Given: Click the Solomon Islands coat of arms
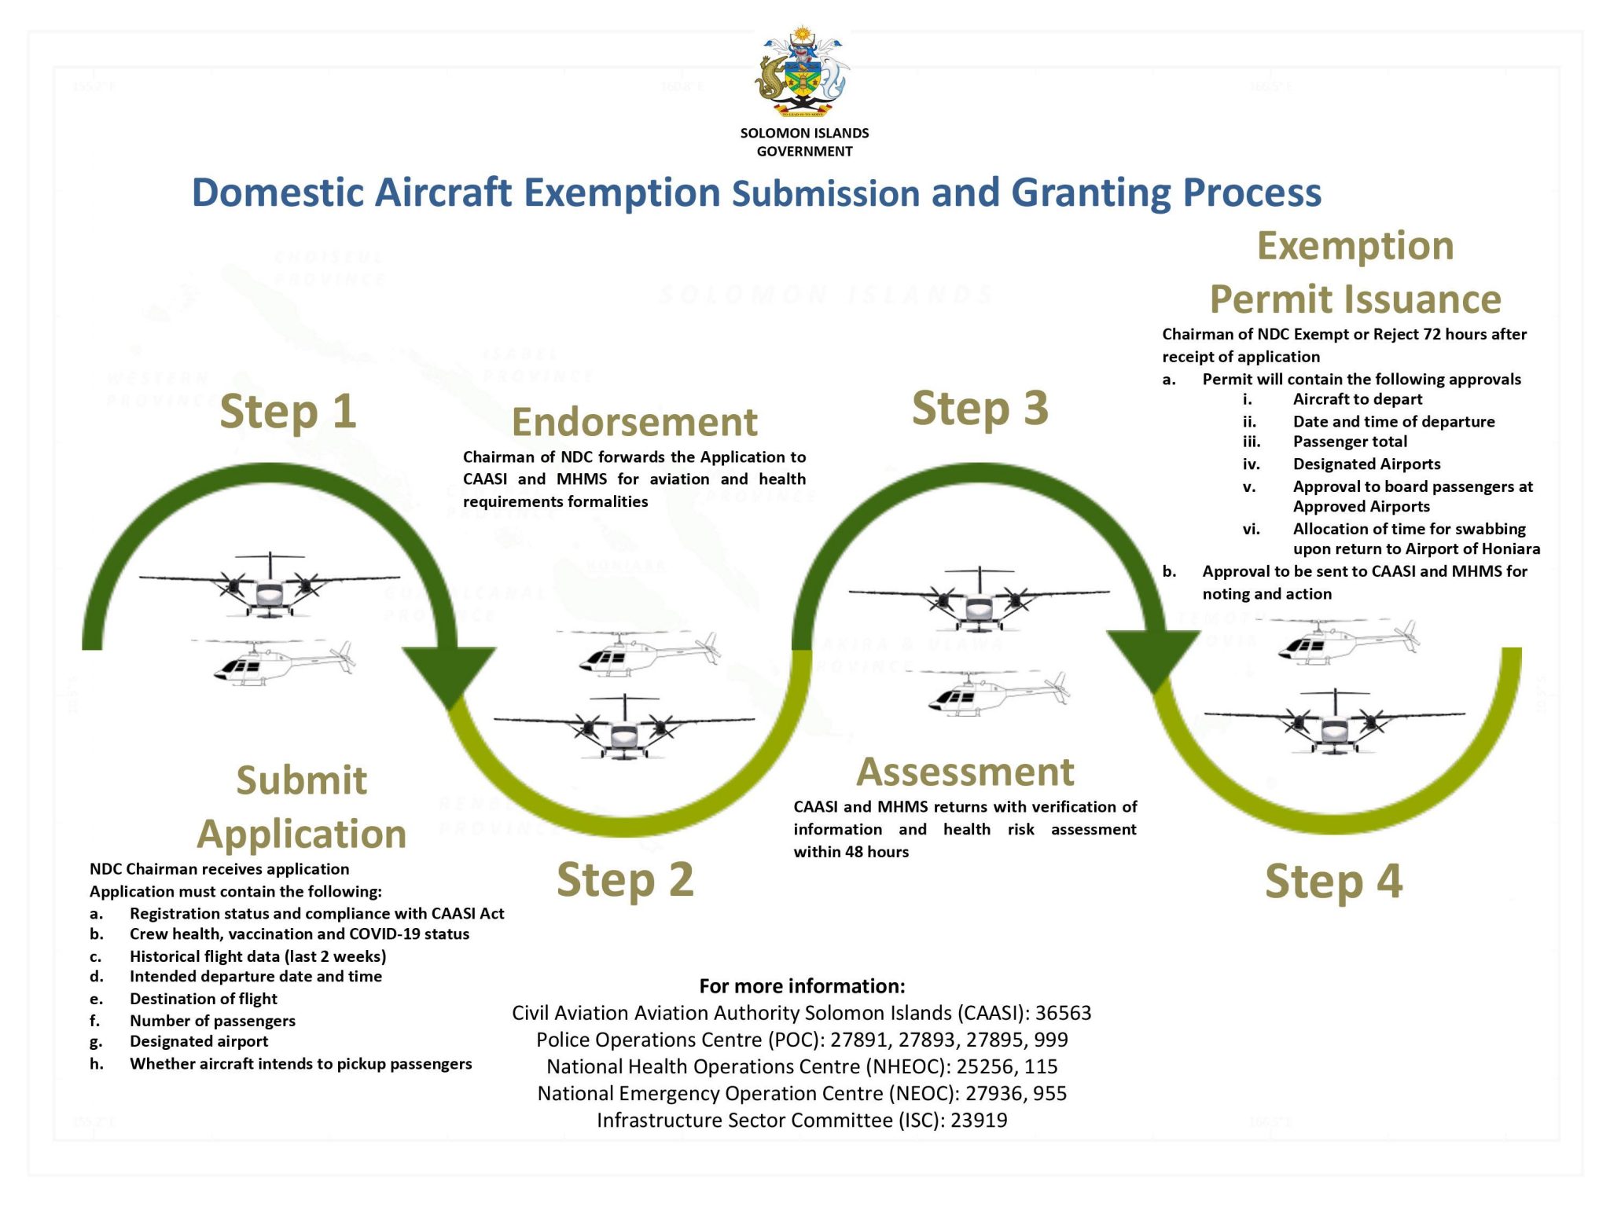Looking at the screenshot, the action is (x=803, y=73).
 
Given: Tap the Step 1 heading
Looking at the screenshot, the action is (x=288, y=412).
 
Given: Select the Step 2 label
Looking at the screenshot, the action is (x=625, y=879).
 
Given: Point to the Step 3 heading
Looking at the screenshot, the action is (x=980, y=409).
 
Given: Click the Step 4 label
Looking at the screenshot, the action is (x=1333, y=882).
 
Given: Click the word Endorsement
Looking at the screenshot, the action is (x=634, y=422).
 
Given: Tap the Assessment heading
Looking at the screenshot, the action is (x=965, y=772).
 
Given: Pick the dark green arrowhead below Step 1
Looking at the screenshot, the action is (x=449, y=676).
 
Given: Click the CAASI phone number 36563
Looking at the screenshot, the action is (x=1063, y=1013).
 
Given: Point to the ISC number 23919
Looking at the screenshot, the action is (x=979, y=1120).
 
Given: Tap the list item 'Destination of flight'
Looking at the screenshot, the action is (x=204, y=999).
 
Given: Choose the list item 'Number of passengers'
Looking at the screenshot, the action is (x=212, y=1021).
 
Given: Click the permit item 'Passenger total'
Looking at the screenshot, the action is (x=1350, y=442).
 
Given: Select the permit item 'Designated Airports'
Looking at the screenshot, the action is (x=1366, y=464).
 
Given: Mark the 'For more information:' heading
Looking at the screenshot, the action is (x=802, y=986).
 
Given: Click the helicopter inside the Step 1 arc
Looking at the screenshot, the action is (x=272, y=661).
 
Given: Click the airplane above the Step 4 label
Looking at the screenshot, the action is (x=1335, y=721).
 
